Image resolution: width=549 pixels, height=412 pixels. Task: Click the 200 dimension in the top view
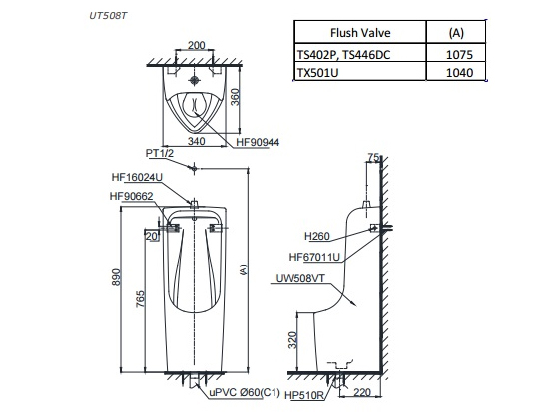tap(197, 46)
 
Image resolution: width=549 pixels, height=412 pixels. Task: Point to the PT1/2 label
tap(161, 155)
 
